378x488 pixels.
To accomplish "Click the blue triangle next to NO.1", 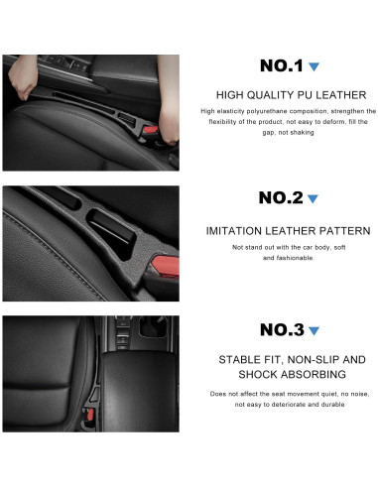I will point(314,67).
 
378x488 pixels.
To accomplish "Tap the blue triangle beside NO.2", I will point(314,198).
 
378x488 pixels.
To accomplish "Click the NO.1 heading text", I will point(281,66).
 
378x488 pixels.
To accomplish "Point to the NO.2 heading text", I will point(281,197).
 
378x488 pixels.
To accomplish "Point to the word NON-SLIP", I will point(312,359).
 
